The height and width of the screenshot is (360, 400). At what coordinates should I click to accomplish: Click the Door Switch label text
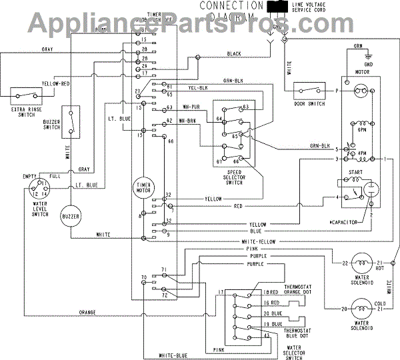click(309, 103)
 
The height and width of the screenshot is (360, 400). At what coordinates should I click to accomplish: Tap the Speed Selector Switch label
click(228, 174)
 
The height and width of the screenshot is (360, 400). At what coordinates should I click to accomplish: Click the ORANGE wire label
click(87, 312)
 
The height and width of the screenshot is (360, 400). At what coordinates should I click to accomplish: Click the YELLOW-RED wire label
click(57, 84)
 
